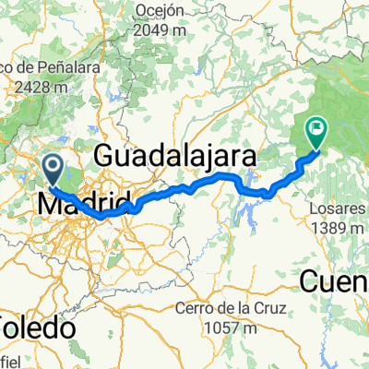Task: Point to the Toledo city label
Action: pos(37,327)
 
